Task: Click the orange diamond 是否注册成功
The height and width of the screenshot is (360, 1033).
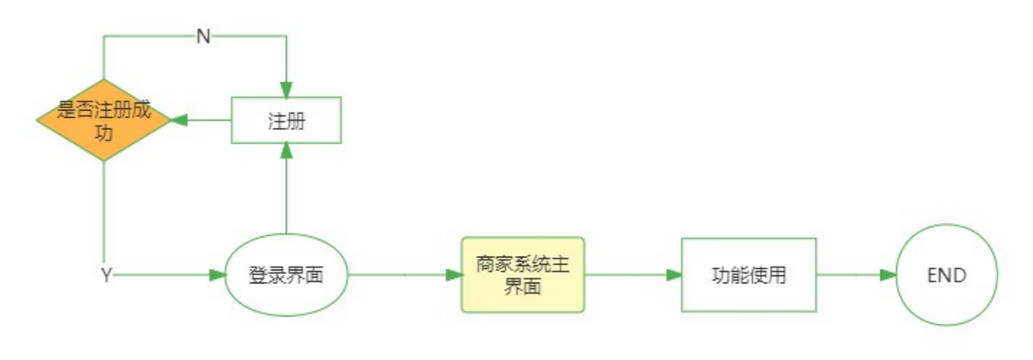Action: (103, 120)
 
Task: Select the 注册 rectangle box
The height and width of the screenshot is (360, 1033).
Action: (286, 120)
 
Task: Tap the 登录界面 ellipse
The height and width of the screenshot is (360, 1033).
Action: (286, 275)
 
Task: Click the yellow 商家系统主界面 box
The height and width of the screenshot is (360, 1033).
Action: (522, 275)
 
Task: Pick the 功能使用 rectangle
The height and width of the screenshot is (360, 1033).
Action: (748, 275)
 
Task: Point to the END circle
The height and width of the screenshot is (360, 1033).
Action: (947, 275)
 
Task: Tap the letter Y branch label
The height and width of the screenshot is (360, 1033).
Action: (106, 275)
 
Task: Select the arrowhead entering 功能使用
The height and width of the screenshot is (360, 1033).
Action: (673, 275)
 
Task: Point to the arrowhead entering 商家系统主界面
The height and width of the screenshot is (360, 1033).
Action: (453, 275)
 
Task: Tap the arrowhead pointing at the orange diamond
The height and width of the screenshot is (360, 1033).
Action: (178, 120)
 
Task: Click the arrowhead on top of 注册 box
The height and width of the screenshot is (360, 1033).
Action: (286, 90)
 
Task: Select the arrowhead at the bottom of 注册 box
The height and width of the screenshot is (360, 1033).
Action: (286, 151)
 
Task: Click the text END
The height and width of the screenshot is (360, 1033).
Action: (947, 275)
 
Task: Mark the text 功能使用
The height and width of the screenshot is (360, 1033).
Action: (748, 275)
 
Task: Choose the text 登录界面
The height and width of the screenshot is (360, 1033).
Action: (286, 275)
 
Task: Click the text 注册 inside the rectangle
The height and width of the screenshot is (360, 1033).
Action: (286, 120)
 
